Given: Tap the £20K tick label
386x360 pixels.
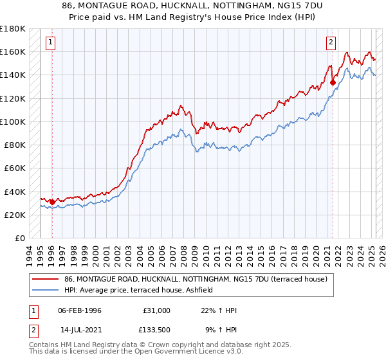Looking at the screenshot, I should [x=15, y=215].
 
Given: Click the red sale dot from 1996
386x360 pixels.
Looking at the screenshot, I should [x=52, y=202].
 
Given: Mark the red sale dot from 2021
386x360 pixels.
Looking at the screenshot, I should [x=333, y=82].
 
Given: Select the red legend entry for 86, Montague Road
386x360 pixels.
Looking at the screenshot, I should [x=196, y=279].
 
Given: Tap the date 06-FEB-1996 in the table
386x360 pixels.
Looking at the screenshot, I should [x=80, y=310].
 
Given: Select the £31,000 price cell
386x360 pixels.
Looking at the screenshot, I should [x=156, y=310].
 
